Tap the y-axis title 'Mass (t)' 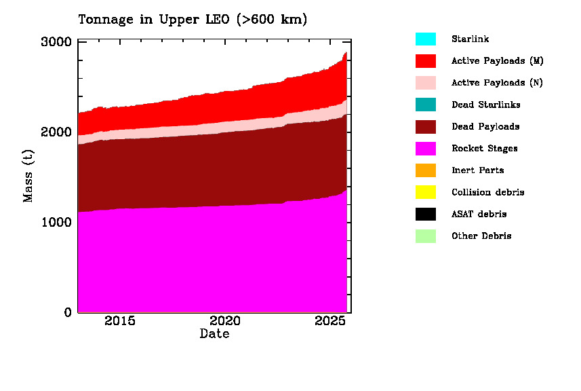click(x=28, y=177)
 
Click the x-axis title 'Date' click(x=214, y=334)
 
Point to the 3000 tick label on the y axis click(x=57, y=42)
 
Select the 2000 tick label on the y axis click(x=57, y=132)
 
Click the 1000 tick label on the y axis click(x=57, y=222)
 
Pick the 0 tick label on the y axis click(x=68, y=312)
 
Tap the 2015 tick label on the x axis click(x=120, y=321)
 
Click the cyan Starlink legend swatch click(x=426, y=39)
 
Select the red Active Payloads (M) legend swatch click(x=426, y=61)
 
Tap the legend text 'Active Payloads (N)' click(x=498, y=83)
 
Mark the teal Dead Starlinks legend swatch click(x=426, y=105)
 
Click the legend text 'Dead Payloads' click(x=485, y=127)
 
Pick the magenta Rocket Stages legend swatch click(x=426, y=149)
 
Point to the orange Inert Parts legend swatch click(x=426, y=170)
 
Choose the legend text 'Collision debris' click(x=488, y=192)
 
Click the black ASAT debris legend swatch click(x=426, y=215)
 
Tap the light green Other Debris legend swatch click(x=426, y=236)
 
